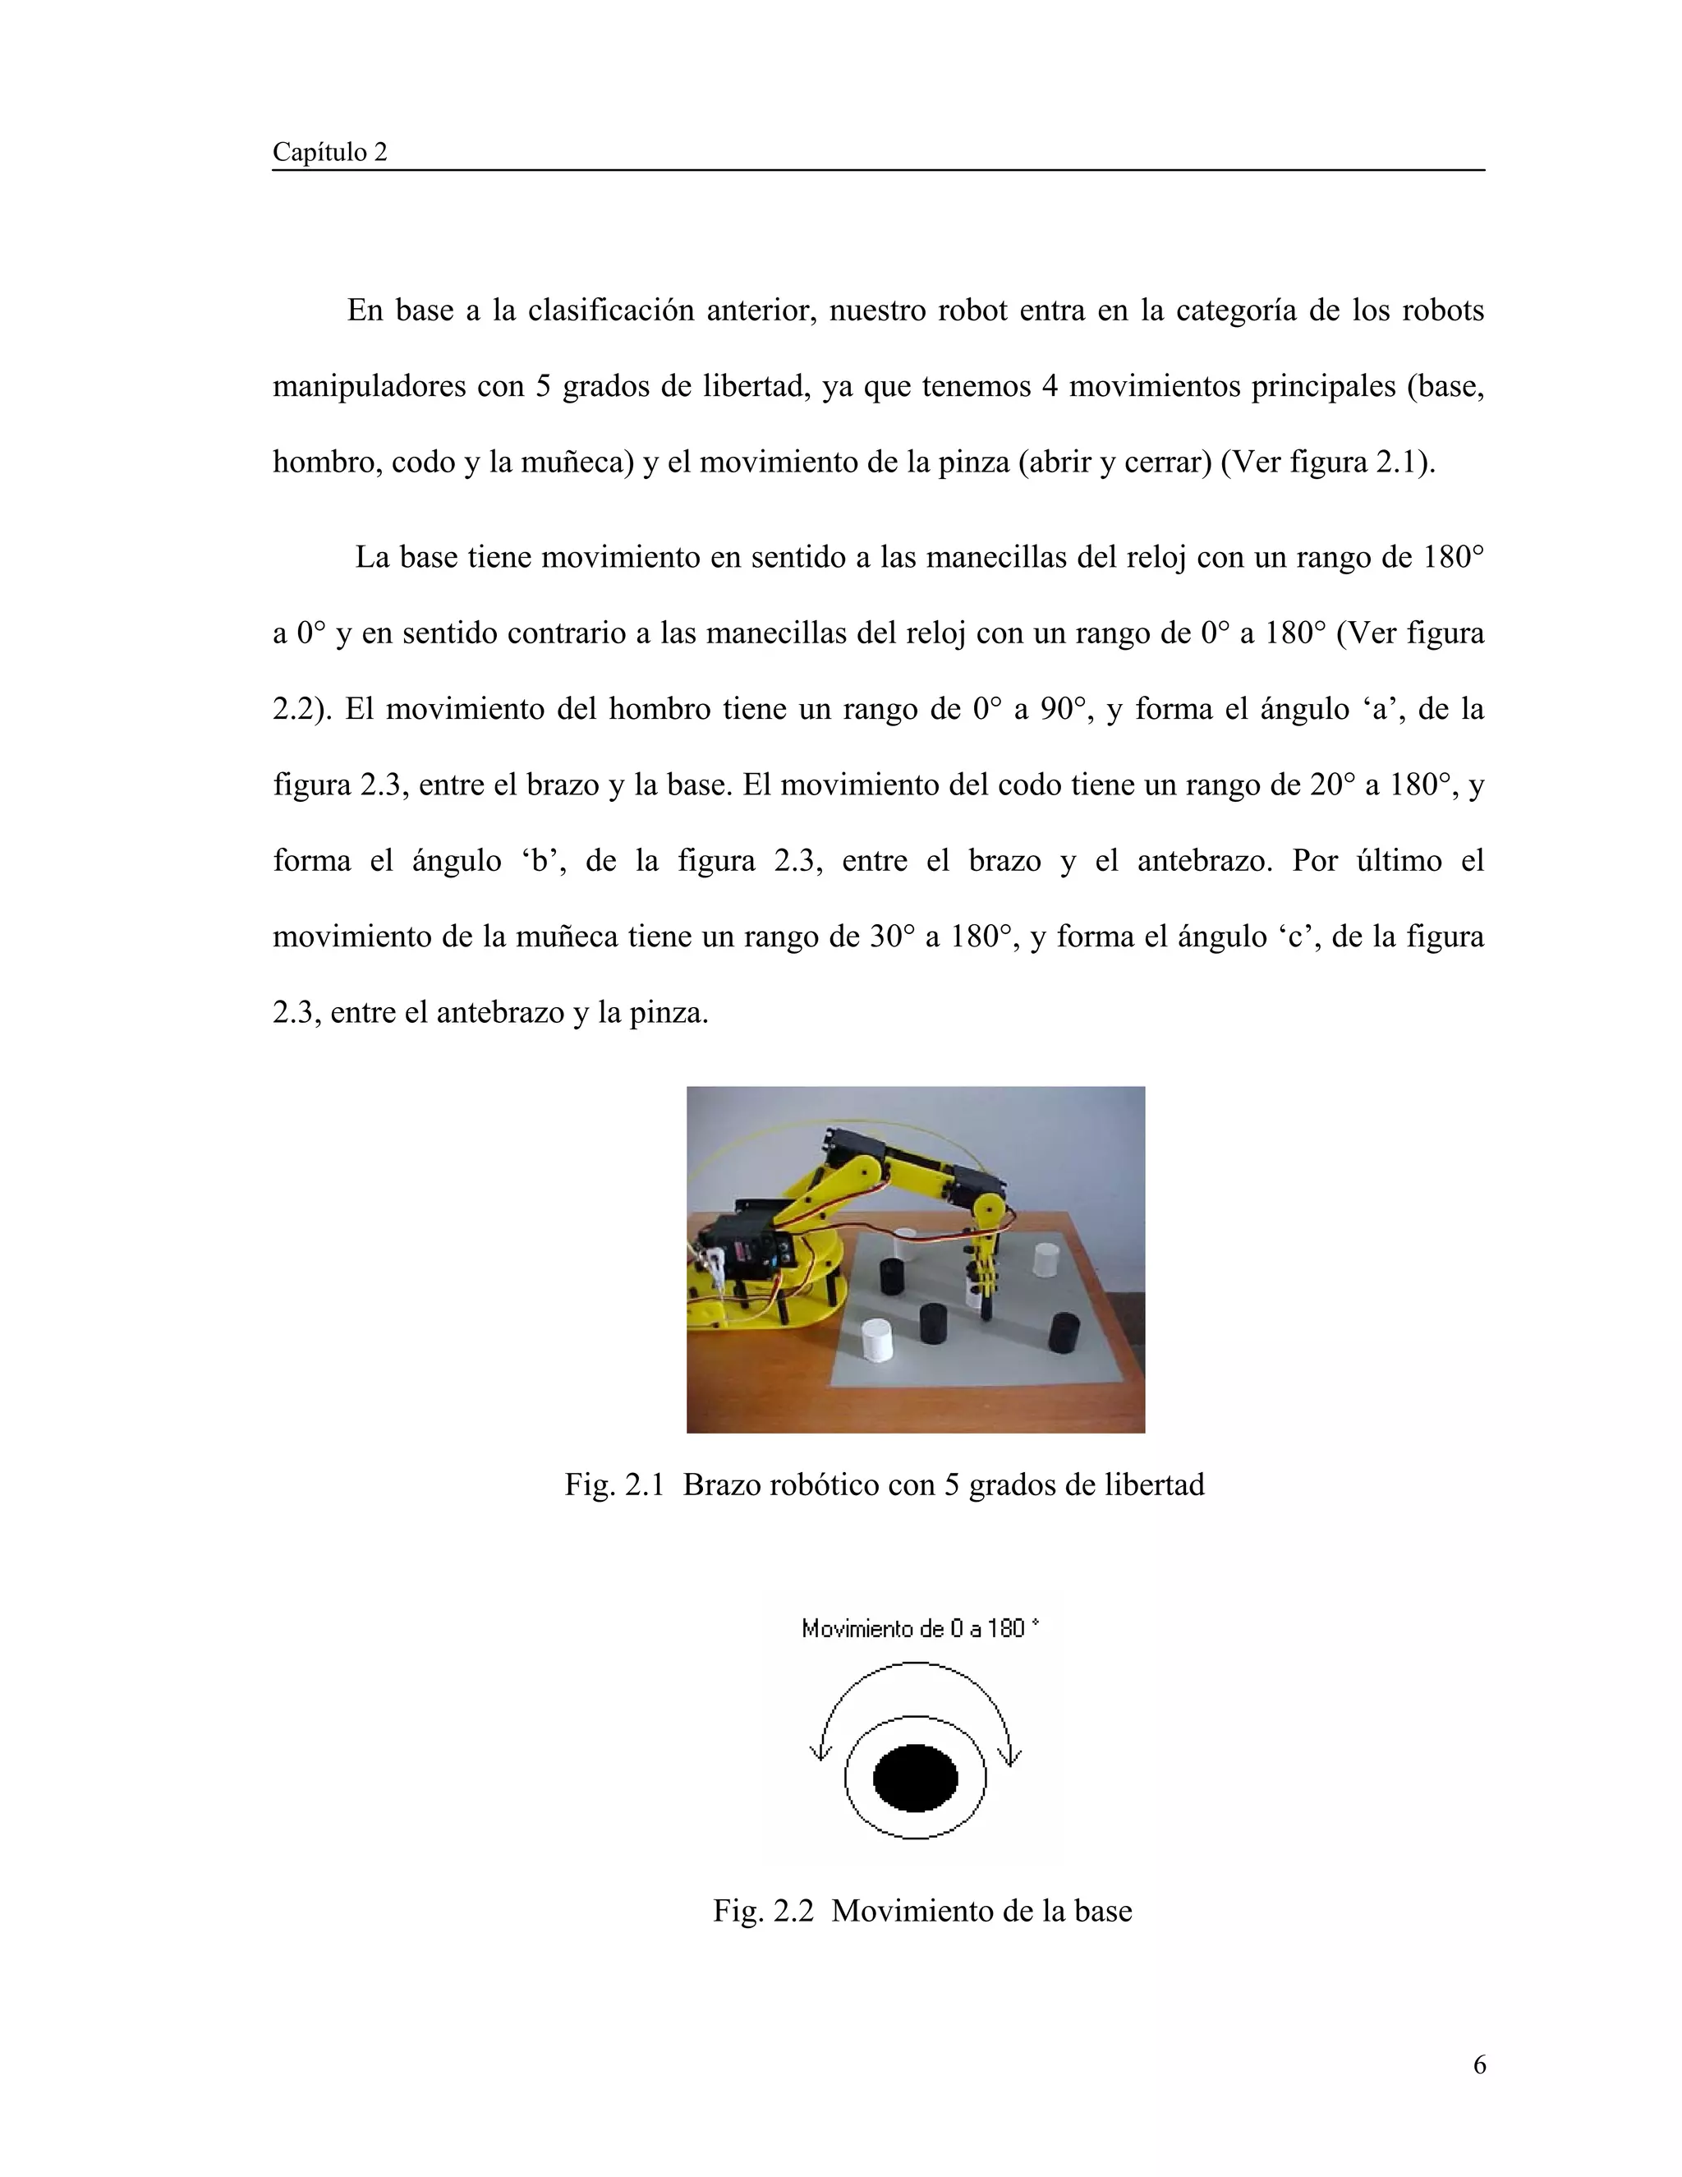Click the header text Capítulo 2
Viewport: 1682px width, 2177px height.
point(330,153)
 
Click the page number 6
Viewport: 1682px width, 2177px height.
point(1478,2065)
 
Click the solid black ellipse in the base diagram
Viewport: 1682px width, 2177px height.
point(915,1777)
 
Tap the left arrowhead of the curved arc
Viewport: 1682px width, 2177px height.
point(820,1751)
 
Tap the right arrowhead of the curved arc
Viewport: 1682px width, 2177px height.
point(1010,1751)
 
